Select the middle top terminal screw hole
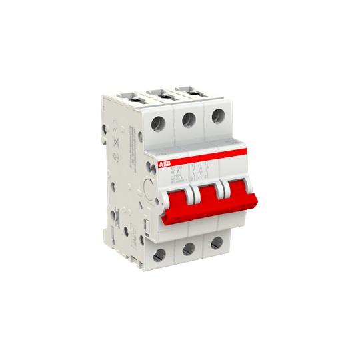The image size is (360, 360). (x=188, y=119)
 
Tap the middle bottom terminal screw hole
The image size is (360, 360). (x=189, y=249)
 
